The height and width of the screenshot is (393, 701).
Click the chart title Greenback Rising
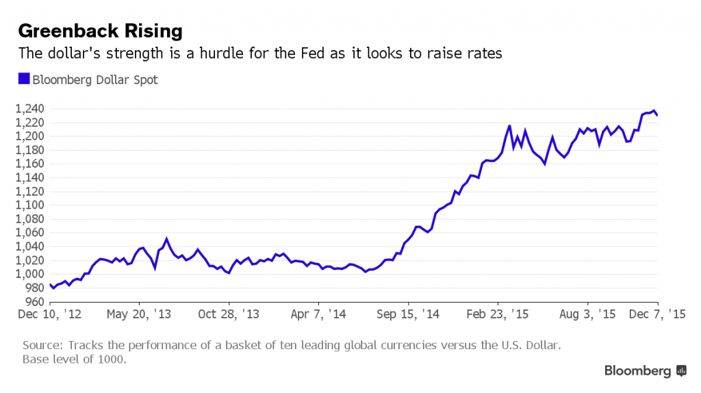(100, 31)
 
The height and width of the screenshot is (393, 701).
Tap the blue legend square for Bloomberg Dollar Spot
(23, 79)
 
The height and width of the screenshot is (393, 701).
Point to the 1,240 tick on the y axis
(29, 109)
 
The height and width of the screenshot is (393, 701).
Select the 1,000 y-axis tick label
(29, 274)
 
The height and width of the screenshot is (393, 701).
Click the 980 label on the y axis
(34, 288)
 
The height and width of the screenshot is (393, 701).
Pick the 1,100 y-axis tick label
(29, 205)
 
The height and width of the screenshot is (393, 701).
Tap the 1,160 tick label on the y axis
(29, 164)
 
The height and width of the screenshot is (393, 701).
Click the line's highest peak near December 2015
(654, 110)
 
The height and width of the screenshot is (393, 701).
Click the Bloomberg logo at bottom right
(645, 370)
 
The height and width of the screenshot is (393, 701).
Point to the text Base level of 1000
(74, 359)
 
